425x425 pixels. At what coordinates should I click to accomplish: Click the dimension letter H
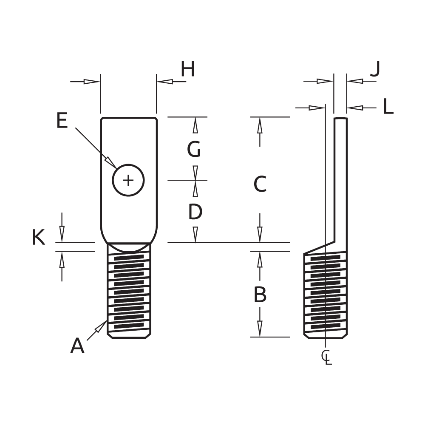pyautogui.click(x=187, y=69)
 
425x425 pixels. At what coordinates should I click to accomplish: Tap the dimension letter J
pyautogui.click(x=374, y=69)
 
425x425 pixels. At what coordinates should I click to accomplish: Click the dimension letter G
pyautogui.click(x=194, y=149)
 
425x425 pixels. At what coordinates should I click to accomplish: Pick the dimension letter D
pyautogui.click(x=195, y=212)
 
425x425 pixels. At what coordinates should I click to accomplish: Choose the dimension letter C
pyautogui.click(x=260, y=184)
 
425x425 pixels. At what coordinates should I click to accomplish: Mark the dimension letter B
pyautogui.click(x=260, y=294)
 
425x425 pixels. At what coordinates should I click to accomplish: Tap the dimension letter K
pyautogui.click(x=39, y=238)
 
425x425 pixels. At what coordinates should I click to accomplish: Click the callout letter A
pyautogui.click(x=77, y=346)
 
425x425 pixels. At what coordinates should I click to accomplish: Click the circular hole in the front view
pyautogui.click(x=128, y=181)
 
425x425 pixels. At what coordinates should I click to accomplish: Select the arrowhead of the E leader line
pyautogui.click(x=111, y=163)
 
